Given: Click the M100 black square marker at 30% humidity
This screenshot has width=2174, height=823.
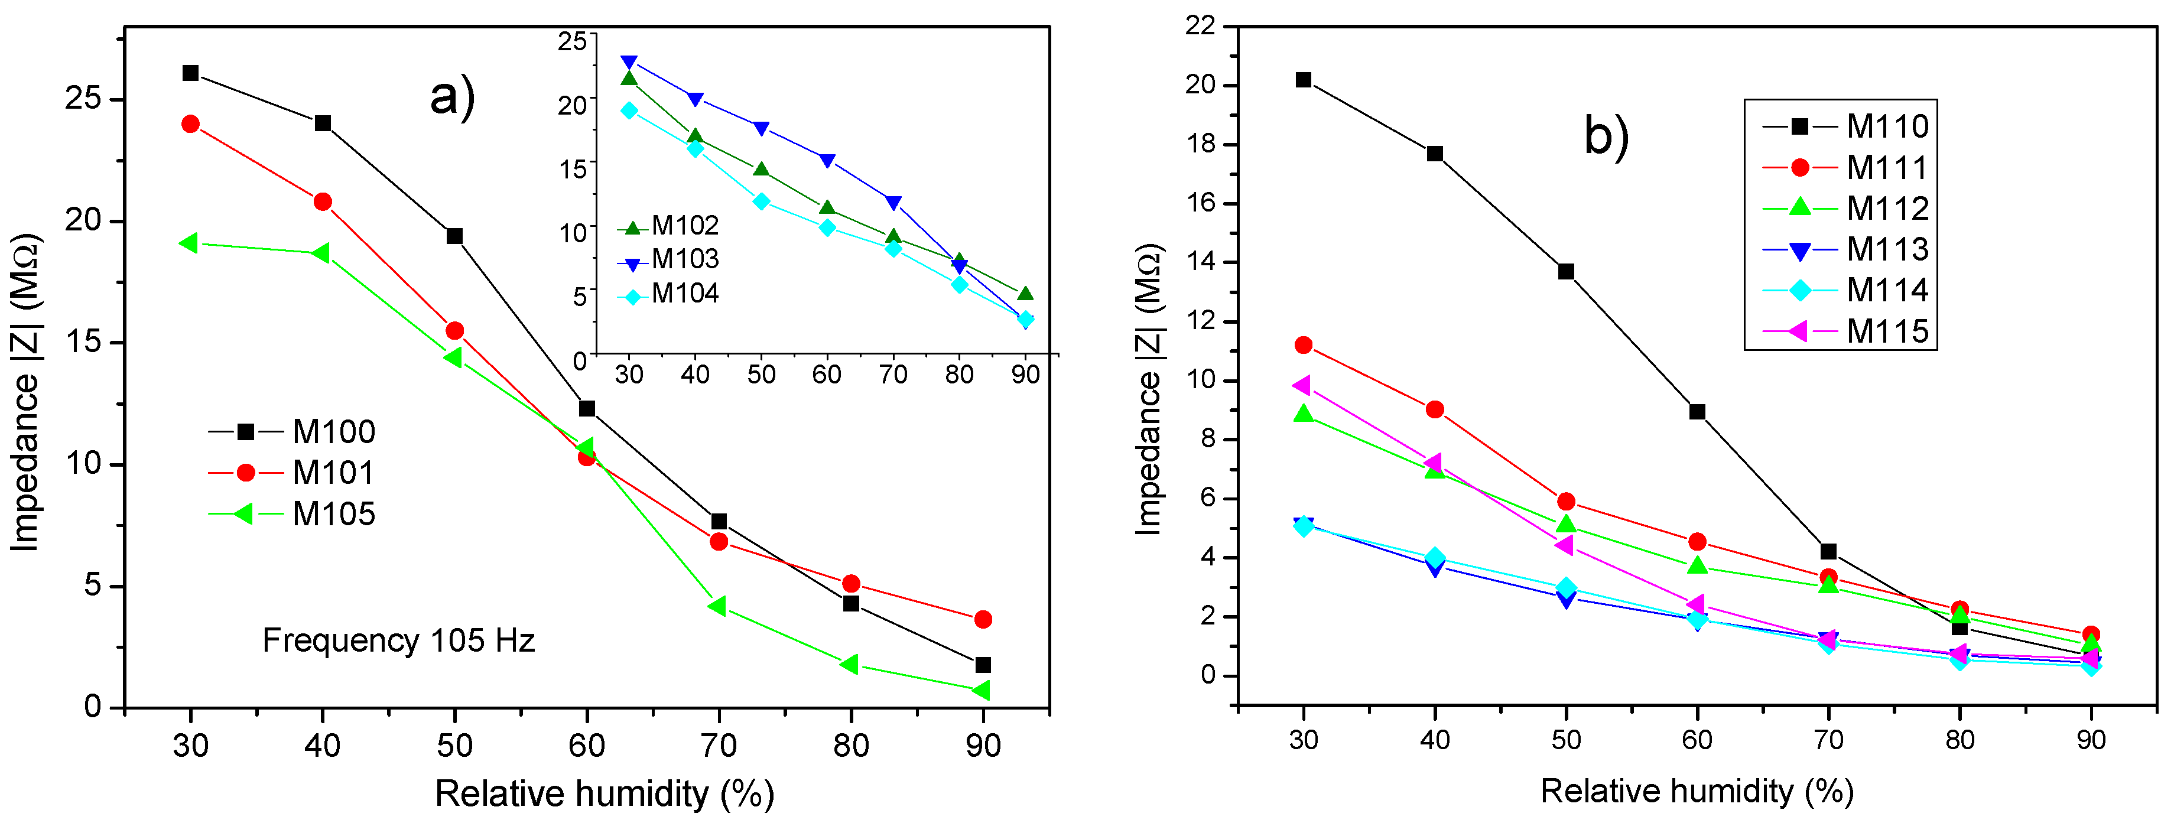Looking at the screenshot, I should point(191,73).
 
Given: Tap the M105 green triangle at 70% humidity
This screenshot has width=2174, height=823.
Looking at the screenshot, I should point(717,606).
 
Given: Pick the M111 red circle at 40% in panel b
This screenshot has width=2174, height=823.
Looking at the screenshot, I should point(1435,409).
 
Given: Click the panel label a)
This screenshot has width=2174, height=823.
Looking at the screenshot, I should point(453,96).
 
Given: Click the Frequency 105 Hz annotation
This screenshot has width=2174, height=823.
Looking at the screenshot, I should point(398,640).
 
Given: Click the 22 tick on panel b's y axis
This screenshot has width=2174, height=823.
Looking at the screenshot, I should point(1200,26).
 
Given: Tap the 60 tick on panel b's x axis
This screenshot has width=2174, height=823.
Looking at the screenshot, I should point(1697,740).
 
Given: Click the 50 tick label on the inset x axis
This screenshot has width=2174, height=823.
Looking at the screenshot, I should point(761,375).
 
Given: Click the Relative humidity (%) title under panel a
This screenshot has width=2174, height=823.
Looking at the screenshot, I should point(605,794).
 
